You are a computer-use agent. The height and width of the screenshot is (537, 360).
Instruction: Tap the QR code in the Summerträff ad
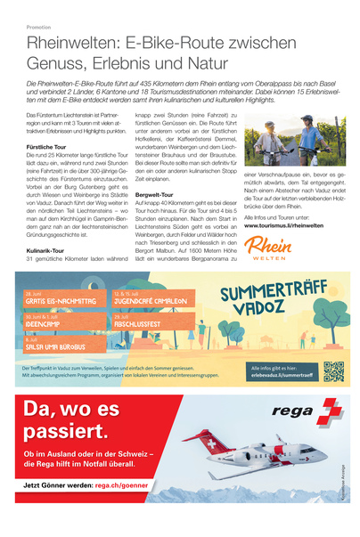pyautogui.click(x=333, y=371)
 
